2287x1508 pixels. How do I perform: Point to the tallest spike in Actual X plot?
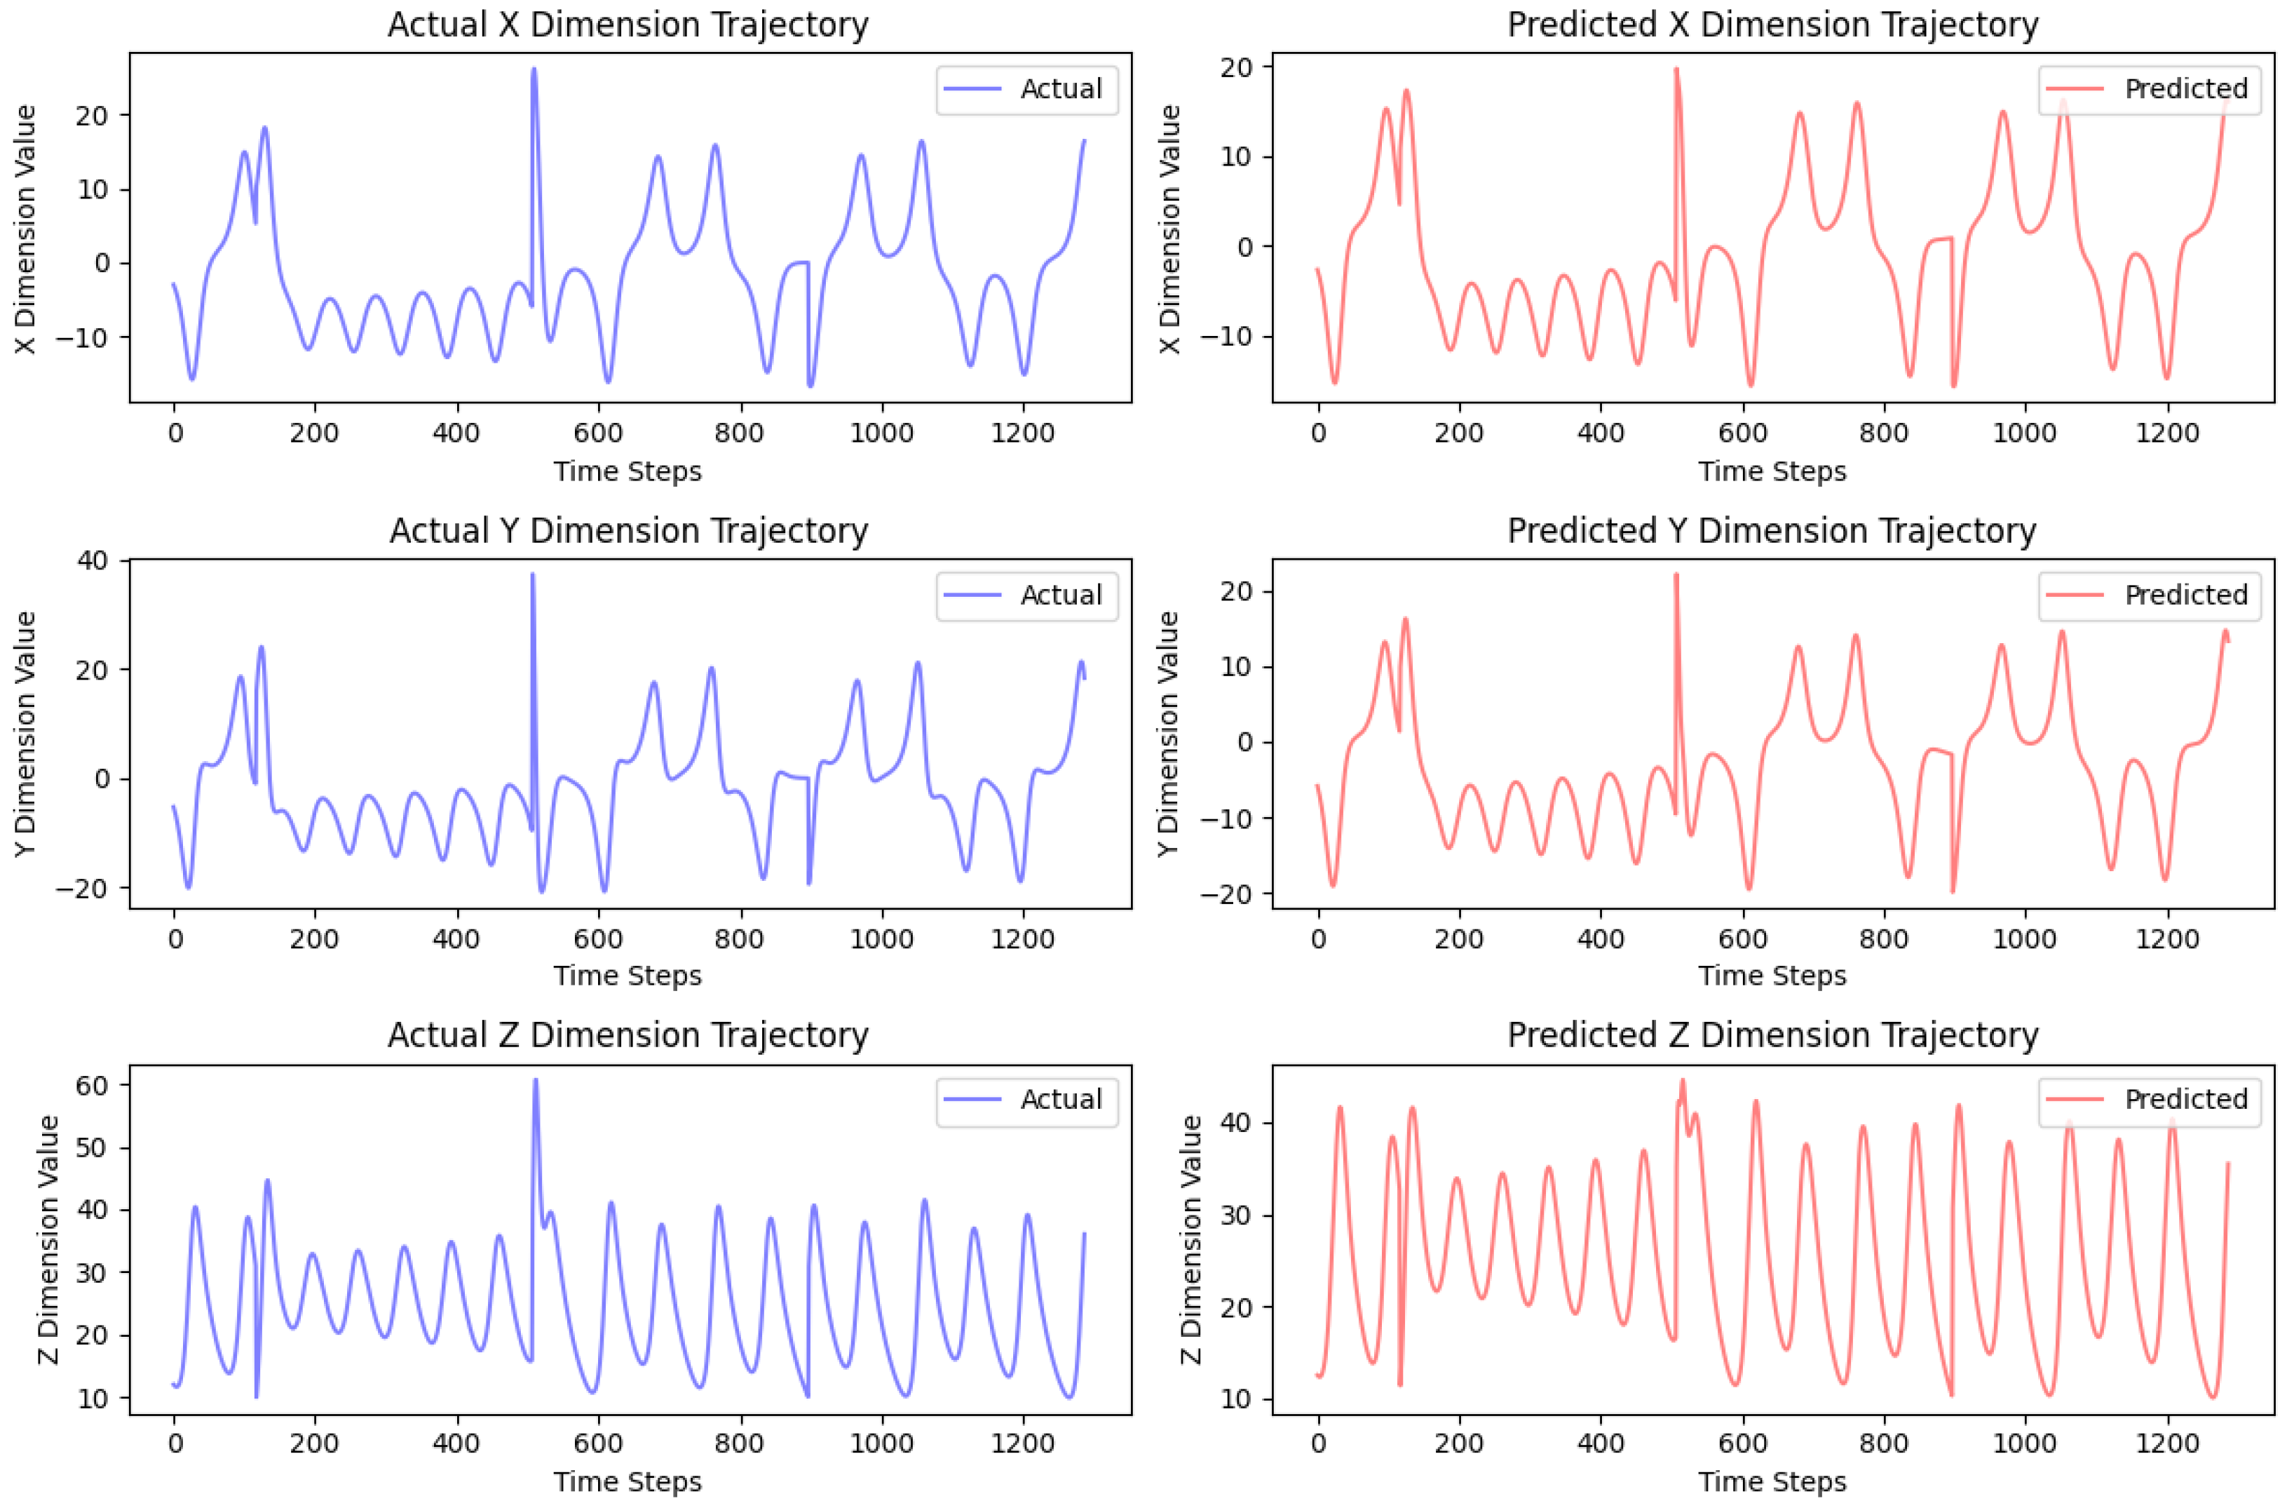pyautogui.click(x=534, y=70)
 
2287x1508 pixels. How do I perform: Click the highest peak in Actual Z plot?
pyautogui.click(x=536, y=1081)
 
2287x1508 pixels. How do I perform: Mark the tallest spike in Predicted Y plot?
pyautogui.click(x=1676, y=576)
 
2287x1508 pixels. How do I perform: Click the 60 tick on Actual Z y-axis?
pyautogui.click(x=94, y=1085)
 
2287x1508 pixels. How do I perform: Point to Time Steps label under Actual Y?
pyautogui.click(x=627, y=975)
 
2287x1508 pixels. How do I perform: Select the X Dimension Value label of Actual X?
pyautogui.click(x=26, y=229)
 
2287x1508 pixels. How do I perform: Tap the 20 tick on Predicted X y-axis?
pyautogui.click(x=1236, y=67)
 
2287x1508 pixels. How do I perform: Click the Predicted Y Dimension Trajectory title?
pyautogui.click(x=1771, y=531)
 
